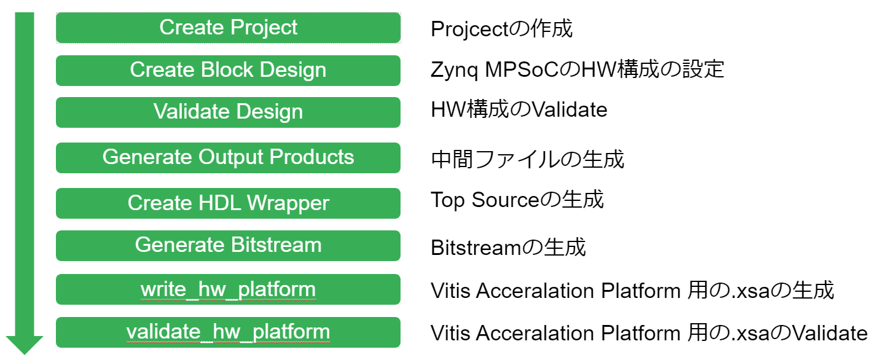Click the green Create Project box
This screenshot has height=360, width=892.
[228, 28]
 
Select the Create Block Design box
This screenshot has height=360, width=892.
[228, 71]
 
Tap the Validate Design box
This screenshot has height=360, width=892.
[228, 112]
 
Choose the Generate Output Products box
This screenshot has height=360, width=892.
[228, 158]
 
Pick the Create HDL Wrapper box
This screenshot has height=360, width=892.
[228, 203]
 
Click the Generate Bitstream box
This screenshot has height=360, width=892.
[228, 246]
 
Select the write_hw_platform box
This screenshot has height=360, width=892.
[228, 289]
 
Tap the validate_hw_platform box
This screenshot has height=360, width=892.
[228, 332]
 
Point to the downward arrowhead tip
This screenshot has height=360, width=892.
[25, 354]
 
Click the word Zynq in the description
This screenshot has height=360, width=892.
[455, 71]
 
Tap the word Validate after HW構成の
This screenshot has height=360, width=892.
[570, 109]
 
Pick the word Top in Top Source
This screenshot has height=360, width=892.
[448, 200]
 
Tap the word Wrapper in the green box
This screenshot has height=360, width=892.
[288, 203]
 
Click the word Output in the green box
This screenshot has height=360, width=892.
[230, 158]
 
